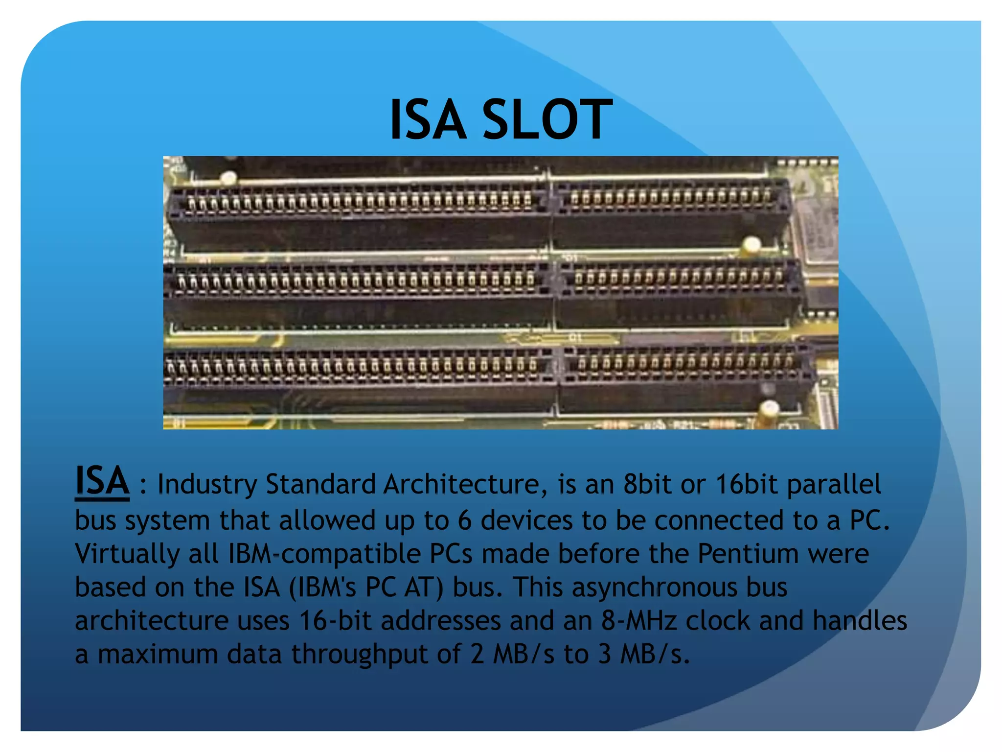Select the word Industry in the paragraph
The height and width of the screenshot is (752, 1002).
207,484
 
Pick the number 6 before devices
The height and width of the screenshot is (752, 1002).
464,520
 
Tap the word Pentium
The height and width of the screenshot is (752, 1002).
748,554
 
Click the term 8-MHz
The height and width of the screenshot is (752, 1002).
639,621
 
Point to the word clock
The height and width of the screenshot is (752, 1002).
717,621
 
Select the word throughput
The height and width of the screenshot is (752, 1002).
360,655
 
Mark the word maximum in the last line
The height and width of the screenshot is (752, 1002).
158,655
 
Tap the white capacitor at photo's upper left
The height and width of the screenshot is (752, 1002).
228,178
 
